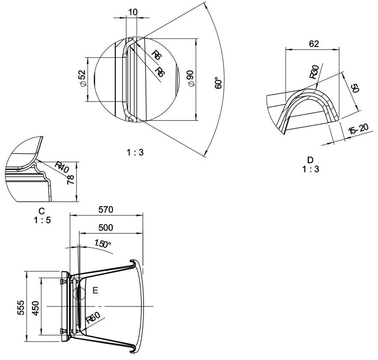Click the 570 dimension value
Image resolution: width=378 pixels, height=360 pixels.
point(106,210)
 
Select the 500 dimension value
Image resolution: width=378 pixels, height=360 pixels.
point(106,227)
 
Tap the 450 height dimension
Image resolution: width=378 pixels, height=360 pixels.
point(36,307)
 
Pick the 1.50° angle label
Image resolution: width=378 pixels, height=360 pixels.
point(103,244)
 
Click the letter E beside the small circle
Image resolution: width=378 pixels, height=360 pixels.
point(95,291)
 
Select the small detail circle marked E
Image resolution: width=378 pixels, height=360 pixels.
point(80,293)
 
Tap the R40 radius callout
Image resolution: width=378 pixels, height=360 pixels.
point(63,167)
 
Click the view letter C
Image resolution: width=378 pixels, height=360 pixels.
point(42,211)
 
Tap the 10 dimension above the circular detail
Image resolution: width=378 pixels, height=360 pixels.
point(133,12)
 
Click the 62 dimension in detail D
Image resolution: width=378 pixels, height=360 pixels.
point(314,44)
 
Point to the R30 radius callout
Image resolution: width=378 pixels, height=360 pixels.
point(314,72)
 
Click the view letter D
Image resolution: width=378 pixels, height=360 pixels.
point(310,160)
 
